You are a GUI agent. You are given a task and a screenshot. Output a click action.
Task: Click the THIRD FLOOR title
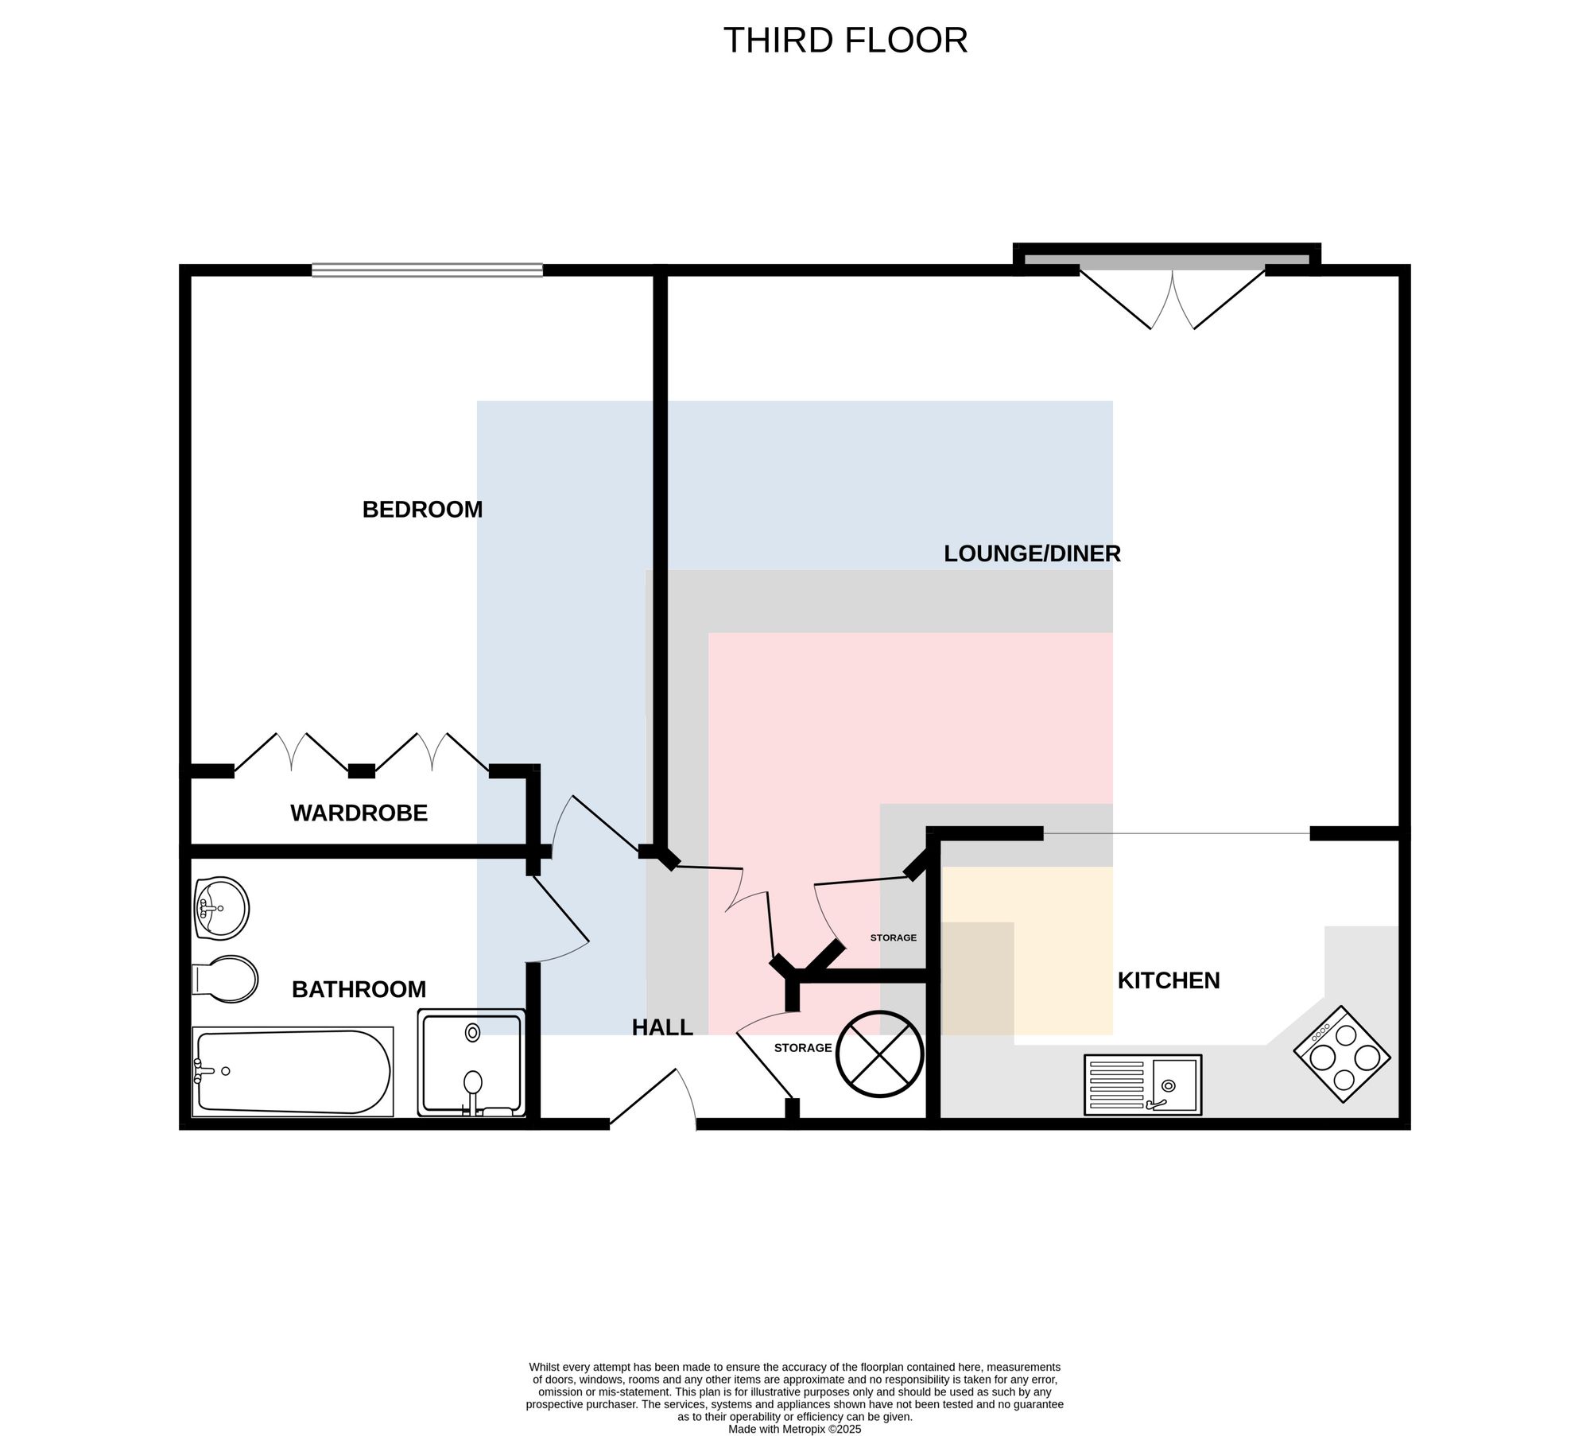pos(845,41)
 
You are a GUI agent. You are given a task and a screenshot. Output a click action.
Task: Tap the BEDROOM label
pos(422,510)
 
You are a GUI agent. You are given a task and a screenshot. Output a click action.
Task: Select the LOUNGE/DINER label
pos(1032,553)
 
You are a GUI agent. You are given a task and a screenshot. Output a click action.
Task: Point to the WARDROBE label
pos(359,813)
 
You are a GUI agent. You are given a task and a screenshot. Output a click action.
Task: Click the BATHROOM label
pos(359,989)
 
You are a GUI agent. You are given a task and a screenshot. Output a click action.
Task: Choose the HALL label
pos(662,1027)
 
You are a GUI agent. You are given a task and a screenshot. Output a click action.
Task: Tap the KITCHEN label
pos(1169,980)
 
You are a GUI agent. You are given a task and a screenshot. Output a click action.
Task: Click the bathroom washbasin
pos(221,909)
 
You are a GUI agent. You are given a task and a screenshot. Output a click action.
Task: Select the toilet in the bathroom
pos(225,979)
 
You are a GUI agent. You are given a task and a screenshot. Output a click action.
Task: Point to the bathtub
pos(293,1072)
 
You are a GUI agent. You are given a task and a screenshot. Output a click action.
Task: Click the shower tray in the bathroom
pos(471,1062)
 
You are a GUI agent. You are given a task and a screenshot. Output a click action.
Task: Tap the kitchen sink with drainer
pos(1143,1085)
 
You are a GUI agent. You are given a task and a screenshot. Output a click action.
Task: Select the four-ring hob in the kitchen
pos(1342,1054)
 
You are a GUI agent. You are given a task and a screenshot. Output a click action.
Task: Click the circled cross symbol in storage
pos(878,1054)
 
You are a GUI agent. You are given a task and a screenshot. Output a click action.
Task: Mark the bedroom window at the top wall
pos(427,270)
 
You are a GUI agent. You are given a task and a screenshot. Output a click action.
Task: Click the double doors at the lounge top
pos(1172,298)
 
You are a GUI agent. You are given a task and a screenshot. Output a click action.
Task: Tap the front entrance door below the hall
pos(653,1097)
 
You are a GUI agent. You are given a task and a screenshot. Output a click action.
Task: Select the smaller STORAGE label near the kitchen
pos(893,937)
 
